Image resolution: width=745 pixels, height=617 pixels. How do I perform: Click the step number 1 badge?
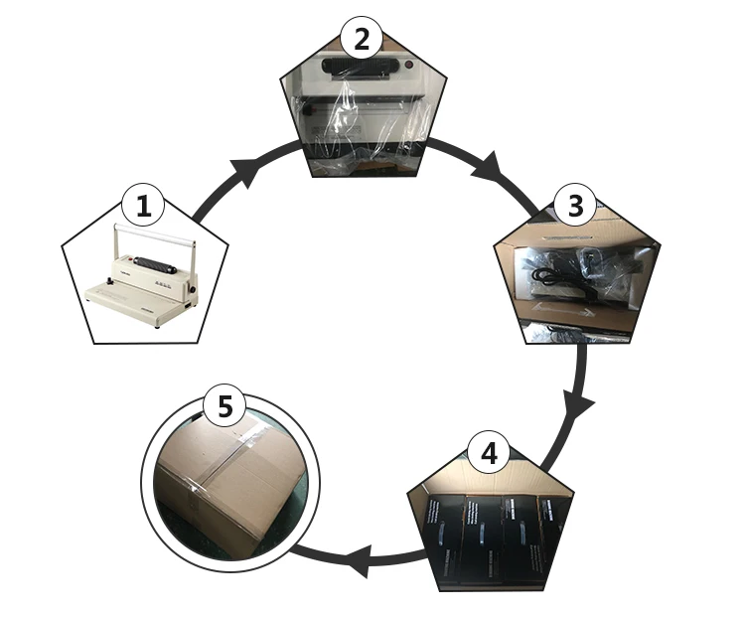143,208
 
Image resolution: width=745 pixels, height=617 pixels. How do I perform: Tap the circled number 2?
361,40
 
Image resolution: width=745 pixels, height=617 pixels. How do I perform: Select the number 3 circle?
574,208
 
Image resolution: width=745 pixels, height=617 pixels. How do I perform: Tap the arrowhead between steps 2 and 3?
487,167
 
